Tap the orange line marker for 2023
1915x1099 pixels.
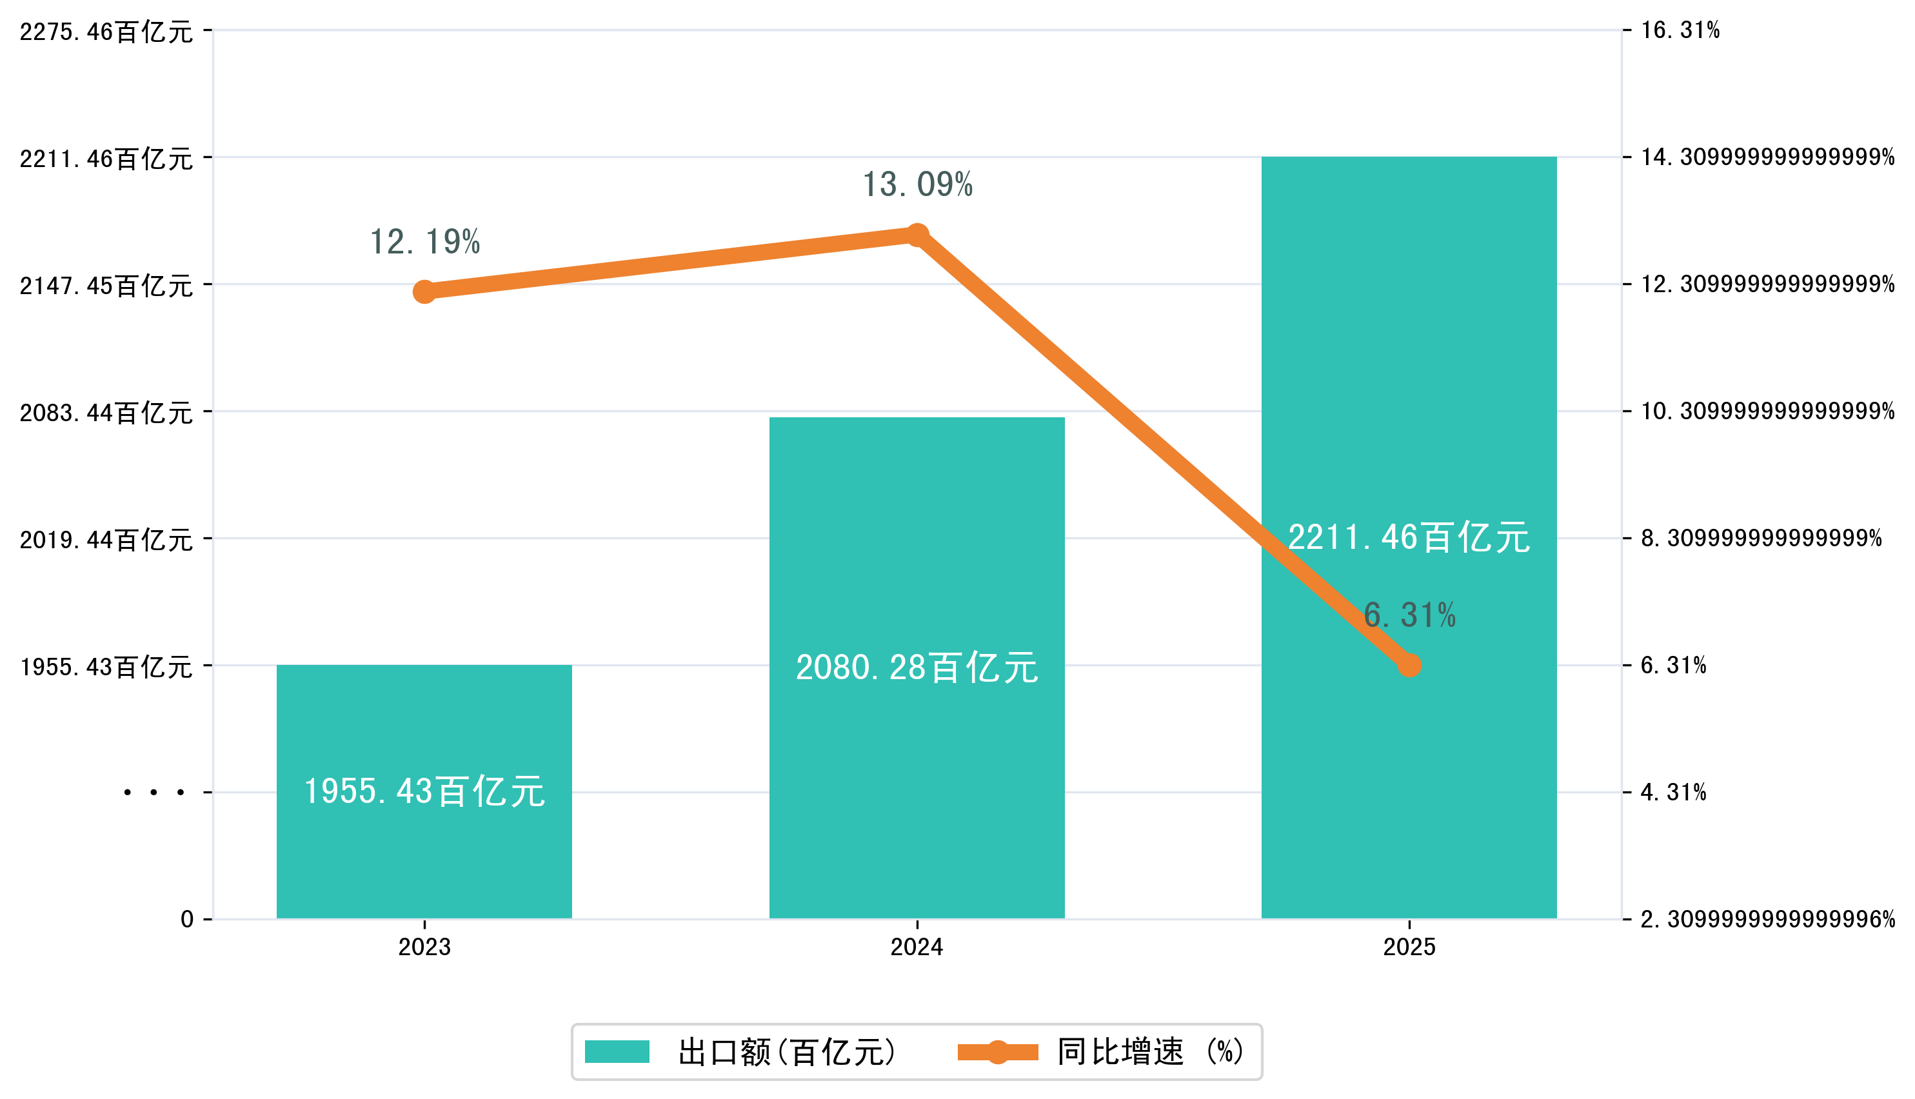coord(424,292)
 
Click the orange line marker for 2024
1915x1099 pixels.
coord(917,235)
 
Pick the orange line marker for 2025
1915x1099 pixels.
coord(1409,666)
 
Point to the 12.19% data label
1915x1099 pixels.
coord(424,243)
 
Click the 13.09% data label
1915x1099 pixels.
coord(917,185)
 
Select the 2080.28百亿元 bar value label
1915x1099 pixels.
coord(917,668)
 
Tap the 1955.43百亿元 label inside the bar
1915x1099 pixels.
coord(424,792)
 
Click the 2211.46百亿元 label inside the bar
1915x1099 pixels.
coord(1409,538)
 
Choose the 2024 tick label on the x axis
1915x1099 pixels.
coord(917,947)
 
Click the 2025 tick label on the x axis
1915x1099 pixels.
coord(1409,947)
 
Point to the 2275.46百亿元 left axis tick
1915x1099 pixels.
coord(106,32)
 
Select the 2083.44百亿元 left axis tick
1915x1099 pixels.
coord(106,413)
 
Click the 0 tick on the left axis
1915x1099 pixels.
coord(186,919)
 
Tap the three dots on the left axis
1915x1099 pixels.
coord(154,793)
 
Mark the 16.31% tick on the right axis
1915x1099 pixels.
coord(1680,30)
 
